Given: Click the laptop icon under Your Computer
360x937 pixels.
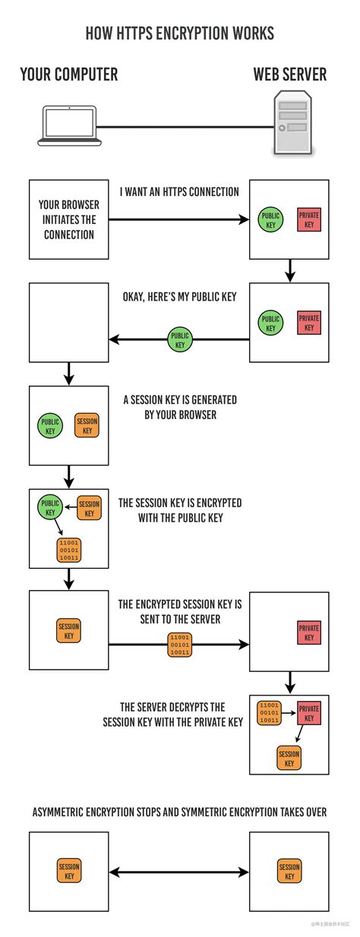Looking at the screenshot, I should coord(69,125).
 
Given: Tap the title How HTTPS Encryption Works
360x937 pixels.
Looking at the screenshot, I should coord(180,33).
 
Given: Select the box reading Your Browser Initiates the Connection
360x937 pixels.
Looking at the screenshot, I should coord(68,219).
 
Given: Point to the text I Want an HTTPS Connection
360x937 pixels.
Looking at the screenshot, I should coord(179,192).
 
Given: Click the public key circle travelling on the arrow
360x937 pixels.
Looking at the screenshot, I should coord(180,339).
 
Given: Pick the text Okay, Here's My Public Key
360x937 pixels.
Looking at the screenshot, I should coord(179,296).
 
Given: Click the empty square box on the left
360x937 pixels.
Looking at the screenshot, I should coord(68,323).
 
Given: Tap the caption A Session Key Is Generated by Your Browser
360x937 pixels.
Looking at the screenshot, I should coord(180,407).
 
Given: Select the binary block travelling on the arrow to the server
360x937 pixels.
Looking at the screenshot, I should coord(180,644).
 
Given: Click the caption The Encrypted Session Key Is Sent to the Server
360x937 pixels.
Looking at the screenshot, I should coord(180,611).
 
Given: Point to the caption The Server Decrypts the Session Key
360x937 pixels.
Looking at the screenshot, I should coord(173,715).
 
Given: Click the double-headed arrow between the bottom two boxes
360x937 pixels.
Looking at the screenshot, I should coord(179,872).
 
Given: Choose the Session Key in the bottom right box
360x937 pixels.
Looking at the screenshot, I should coord(289,872).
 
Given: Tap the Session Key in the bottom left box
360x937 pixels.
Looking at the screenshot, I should coord(69,872).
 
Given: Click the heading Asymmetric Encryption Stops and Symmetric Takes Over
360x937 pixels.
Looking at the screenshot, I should coord(180,812).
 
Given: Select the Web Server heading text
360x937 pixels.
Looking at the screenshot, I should coord(289,74).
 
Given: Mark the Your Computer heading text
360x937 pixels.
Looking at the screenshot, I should coord(69,74).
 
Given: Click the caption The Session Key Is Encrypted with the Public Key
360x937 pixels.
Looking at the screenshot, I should coord(180,510).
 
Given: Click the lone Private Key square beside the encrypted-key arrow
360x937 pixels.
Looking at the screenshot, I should coord(308,633).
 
